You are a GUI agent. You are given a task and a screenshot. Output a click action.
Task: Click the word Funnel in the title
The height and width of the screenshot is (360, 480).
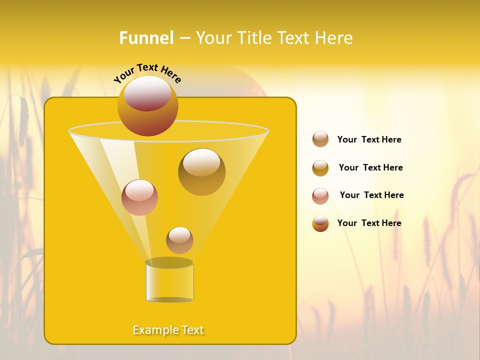pos(146,38)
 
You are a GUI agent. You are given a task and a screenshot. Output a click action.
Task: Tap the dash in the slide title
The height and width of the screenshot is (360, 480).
pos(184,38)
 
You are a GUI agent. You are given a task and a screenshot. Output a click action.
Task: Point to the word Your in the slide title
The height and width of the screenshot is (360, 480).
pos(212,38)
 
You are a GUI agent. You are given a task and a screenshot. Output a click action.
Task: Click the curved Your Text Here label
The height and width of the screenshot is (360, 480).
pos(147,72)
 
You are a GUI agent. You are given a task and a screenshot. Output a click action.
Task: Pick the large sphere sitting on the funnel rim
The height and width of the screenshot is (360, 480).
pos(147,105)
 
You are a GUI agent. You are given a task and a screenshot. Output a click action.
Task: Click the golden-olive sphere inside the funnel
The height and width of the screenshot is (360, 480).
pos(201,171)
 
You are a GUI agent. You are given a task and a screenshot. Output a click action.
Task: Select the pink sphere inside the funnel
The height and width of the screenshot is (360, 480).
pos(139,197)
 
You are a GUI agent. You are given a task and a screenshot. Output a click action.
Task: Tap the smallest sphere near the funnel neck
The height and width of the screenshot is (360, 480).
pos(179,240)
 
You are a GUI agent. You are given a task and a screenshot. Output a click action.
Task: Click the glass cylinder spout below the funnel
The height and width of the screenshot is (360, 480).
pos(169,281)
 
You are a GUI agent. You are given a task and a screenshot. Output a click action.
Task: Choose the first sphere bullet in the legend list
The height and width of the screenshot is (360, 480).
pos(320,139)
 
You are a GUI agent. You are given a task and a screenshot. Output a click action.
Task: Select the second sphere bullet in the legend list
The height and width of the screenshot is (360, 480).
pos(320,167)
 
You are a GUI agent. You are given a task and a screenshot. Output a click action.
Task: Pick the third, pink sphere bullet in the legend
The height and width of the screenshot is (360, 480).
pos(320,195)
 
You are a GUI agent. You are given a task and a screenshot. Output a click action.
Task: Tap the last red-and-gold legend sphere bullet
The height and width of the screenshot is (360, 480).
pos(320,223)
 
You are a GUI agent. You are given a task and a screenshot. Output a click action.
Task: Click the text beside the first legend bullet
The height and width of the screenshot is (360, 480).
pos(369,139)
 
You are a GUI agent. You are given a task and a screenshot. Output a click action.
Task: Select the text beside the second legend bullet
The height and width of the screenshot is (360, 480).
pos(370,167)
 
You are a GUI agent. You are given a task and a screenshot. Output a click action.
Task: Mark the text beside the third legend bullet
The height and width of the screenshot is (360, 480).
pos(371,195)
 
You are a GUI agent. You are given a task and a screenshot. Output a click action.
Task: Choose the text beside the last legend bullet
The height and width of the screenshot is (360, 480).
pos(369,223)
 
